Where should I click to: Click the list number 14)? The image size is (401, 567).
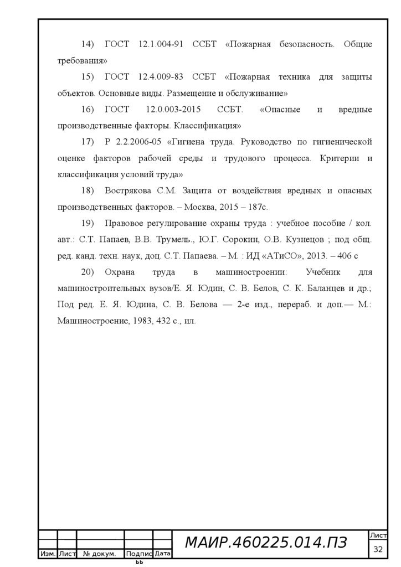pyautogui.click(x=89, y=44)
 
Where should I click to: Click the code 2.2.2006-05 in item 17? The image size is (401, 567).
pyautogui.click(x=138, y=142)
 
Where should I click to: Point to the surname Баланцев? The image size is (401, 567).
pyautogui.click(x=320, y=288)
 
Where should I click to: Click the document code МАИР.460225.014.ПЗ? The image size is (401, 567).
pyautogui.click(x=265, y=543)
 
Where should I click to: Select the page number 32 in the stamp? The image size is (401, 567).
pyautogui.click(x=379, y=549)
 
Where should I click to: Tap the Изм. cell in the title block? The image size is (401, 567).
pyautogui.click(x=48, y=554)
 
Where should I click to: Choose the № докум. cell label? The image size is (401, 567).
pyautogui.click(x=100, y=554)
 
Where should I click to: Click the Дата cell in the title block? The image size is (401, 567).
pyautogui.click(x=162, y=553)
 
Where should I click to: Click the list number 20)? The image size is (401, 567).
pyautogui.click(x=89, y=272)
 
